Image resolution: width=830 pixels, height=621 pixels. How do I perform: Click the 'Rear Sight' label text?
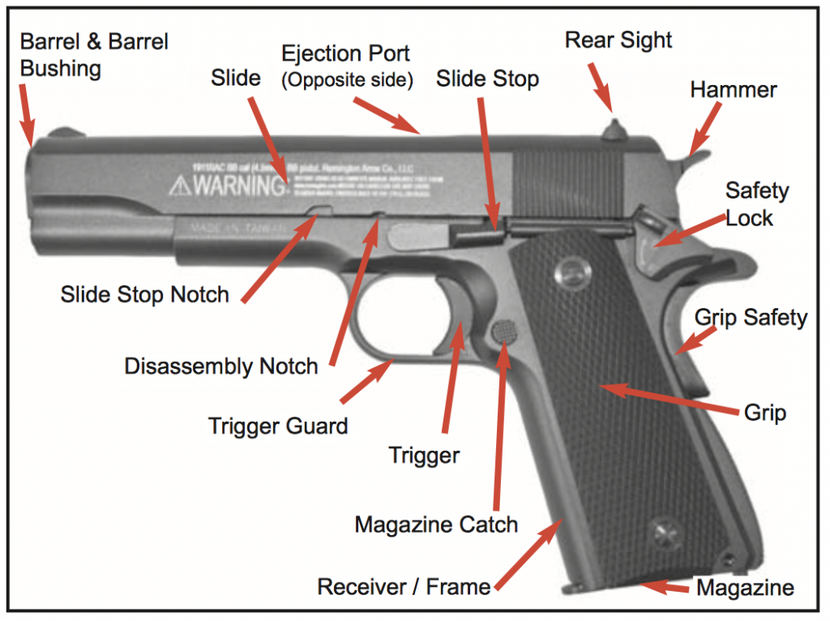tap(618, 40)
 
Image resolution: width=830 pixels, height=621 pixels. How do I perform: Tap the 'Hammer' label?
tap(733, 89)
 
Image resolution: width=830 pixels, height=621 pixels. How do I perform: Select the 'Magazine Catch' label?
tap(436, 525)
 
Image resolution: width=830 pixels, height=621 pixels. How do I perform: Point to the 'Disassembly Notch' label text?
tap(220, 366)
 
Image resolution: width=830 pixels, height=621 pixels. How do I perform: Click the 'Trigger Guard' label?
tap(278, 425)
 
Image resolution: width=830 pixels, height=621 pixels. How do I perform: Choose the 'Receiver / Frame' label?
tap(404, 586)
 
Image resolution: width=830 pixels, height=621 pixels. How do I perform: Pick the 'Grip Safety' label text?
tap(751, 317)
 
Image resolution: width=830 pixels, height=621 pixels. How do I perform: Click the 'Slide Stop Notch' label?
tap(145, 293)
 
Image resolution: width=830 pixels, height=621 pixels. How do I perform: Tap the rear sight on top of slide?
tap(614, 129)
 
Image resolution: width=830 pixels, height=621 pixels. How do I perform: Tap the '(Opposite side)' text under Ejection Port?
tap(346, 80)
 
